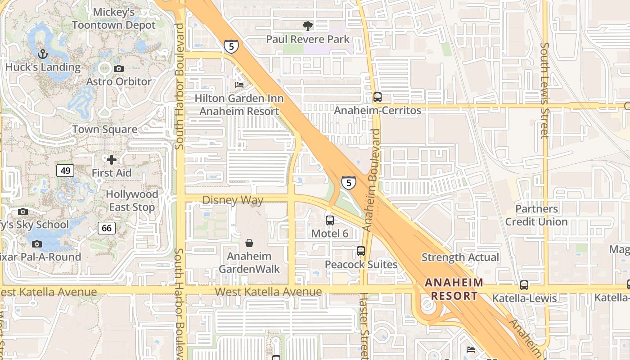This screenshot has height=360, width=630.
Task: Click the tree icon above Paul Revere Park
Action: (x=308, y=26)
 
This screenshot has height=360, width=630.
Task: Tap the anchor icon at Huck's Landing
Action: (x=42, y=54)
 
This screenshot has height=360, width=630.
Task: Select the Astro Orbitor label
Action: (x=119, y=81)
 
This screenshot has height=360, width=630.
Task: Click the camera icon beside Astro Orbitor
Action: (x=119, y=68)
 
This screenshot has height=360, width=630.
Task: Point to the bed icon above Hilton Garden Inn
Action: (x=239, y=85)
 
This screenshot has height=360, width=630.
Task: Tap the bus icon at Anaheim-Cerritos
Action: (x=377, y=97)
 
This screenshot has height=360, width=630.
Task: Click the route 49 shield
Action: (x=65, y=170)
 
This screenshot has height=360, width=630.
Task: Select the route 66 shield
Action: (x=107, y=228)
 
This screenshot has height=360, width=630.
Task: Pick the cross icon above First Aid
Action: (x=112, y=160)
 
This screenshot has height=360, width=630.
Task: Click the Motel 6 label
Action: (x=330, y=233)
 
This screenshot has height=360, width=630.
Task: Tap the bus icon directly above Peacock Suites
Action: (x=361, y=251)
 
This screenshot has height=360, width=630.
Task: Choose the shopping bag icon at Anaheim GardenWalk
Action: (x=249, y=243)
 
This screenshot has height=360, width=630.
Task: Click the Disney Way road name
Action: (x=233, y=200)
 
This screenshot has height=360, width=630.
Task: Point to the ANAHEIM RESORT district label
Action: (x=454, y=289)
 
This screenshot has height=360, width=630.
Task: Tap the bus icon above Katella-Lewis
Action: (x=524, y=285)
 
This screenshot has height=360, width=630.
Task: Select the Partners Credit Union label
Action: (x=536, y=215)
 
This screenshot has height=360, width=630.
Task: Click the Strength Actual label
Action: (x=460, y=257)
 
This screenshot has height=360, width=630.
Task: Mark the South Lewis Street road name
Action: (x=545, y=90)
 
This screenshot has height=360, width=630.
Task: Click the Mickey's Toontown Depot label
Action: (x=114, y=18)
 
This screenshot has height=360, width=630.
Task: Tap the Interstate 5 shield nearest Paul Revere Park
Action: (x=231, y=46)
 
